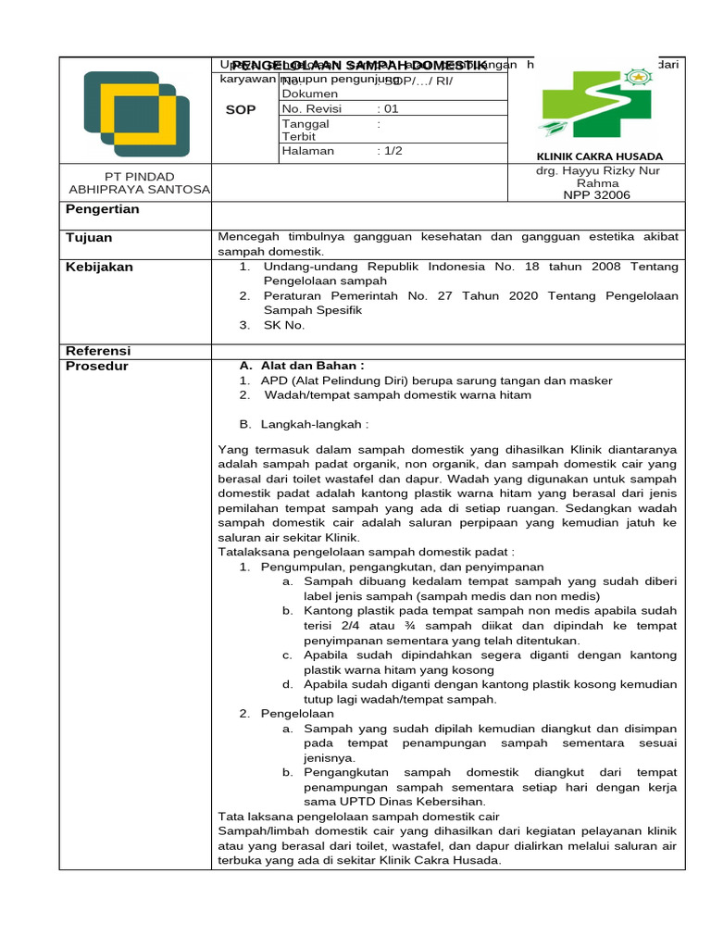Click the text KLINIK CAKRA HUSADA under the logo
coord(599,156)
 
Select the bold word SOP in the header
coord(241,109)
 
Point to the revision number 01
coord(391,108)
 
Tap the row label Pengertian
coord(103,209)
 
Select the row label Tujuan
coord(89,238)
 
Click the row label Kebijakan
coord(99,267)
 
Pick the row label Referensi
coord(97,351)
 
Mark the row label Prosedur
coord(96,366)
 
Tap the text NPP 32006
coord(596,195)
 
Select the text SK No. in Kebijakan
coord(283,325)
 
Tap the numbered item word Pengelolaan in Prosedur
coord(297,714)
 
